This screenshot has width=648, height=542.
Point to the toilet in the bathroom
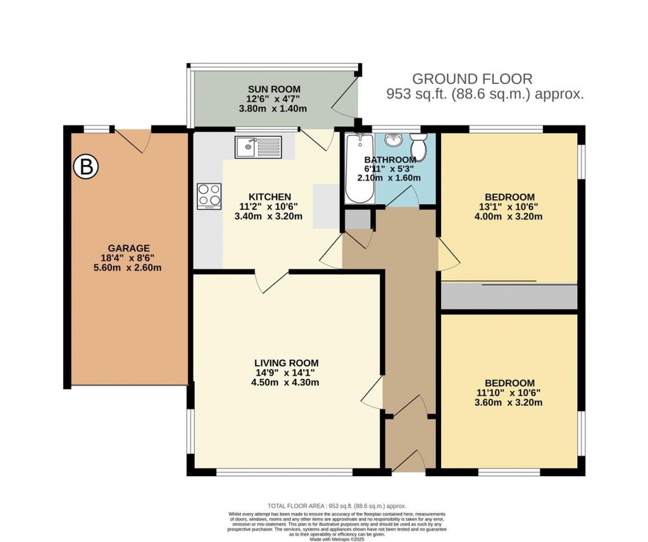click(x=418, y=140)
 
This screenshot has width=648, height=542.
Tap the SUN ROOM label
click(x=274, y=89)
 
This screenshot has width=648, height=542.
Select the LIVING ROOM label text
click(x=286, y=362)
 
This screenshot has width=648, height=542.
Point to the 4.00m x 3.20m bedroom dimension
click(x=509, y=216)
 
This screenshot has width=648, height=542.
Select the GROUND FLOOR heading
click(x=472, y=79)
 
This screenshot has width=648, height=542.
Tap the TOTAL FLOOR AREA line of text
click(x=336, y=506)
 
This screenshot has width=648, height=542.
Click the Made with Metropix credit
click(x=336, y=538)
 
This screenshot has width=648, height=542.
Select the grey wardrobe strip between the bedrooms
click(x=509, y=297)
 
